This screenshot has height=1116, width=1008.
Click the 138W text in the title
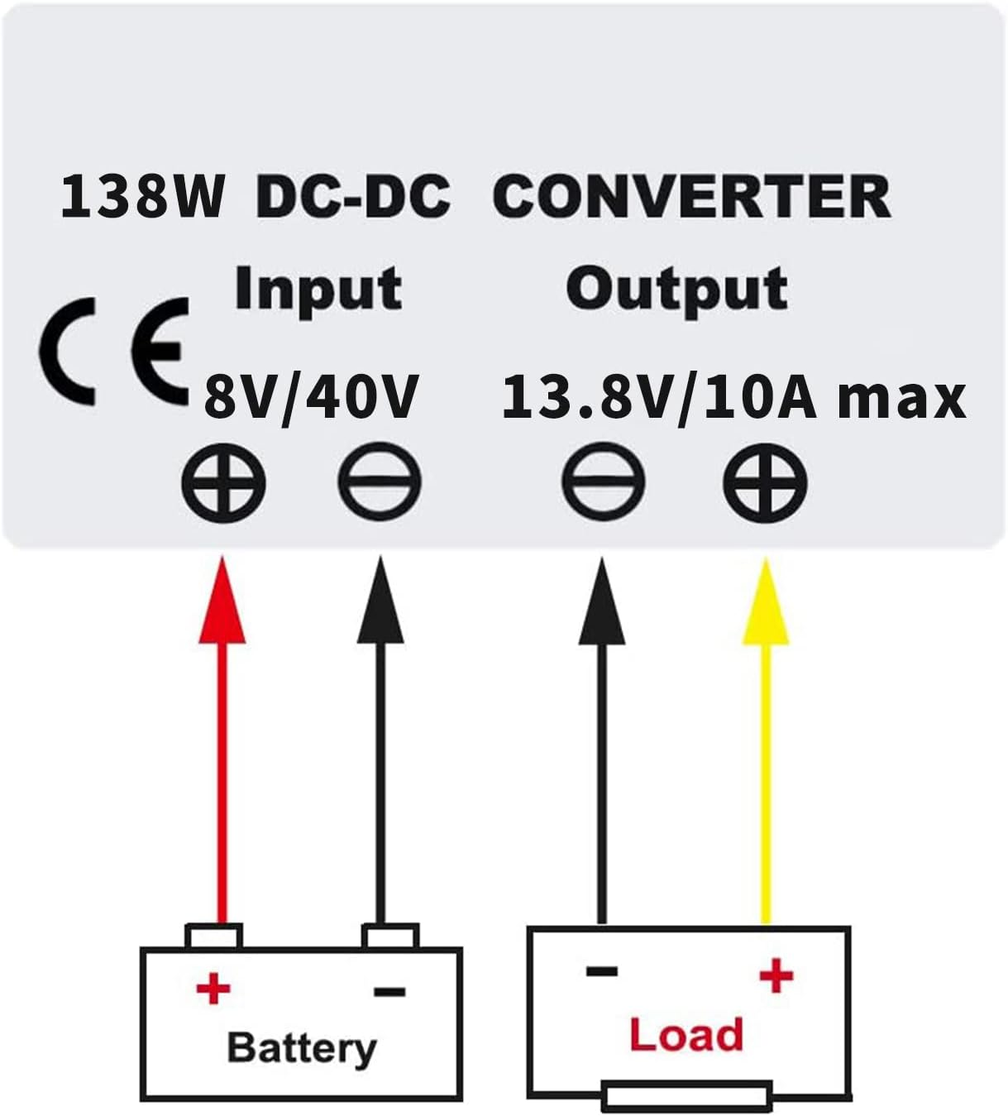(142, 197)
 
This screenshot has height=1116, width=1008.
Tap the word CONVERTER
(691, 197)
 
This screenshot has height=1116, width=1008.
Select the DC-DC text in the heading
(354, 197)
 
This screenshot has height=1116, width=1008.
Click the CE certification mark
(114, 352)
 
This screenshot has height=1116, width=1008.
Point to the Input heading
(318, 290)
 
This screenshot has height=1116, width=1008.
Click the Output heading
(676, 290)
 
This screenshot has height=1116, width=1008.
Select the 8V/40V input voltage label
(312, 397)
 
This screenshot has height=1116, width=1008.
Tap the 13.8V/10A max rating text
(733, 397)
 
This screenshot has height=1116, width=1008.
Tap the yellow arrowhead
(766, 602)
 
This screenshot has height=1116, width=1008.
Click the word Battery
(302, 1048)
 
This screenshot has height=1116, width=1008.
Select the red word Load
(686, 1035)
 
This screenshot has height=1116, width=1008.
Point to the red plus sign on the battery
(213, 989)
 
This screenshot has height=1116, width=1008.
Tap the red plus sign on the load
(776, 976)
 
